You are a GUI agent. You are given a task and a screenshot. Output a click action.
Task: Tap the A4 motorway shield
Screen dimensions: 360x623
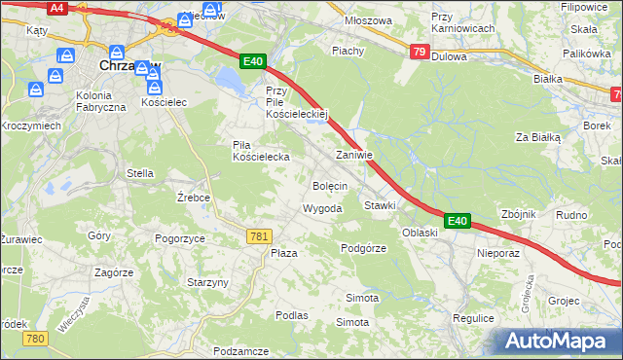tap(56, 8)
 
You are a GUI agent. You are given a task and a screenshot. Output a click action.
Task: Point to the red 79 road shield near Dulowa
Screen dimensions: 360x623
tap(419, 53)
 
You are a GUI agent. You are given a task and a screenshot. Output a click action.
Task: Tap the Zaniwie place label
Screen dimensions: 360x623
tap(354, 155)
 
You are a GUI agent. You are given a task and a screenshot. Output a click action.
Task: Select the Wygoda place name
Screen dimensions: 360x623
tap(322, 209)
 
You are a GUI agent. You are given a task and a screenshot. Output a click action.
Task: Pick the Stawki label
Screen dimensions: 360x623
tap(380, 206)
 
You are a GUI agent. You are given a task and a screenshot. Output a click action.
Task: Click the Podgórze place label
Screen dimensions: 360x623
tap(364, 248)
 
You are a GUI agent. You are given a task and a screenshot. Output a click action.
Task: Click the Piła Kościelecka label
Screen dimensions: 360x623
tap(260, 151)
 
